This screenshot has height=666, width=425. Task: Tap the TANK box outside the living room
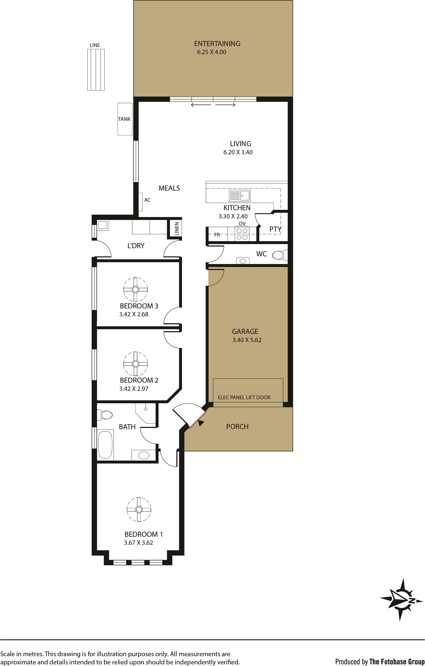click(125, 119)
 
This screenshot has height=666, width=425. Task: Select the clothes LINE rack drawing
click(96, 70)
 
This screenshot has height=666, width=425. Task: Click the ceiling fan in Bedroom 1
click(139, 509)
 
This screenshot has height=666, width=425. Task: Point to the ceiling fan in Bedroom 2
click(135, 364)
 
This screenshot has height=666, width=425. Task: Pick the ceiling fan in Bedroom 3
click(135, 289)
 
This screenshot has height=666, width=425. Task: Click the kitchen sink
click(240, 196)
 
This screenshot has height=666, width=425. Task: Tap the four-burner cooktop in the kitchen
click(242, 234)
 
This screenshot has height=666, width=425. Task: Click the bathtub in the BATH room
click(105, 445)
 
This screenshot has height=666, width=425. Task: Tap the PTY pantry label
click(275, 229)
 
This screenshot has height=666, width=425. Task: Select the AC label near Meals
click(148, 200)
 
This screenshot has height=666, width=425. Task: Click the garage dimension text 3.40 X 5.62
click(247, 340)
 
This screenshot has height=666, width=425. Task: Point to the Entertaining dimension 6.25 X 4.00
click(211, 52)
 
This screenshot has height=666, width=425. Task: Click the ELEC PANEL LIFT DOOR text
click(244, 397)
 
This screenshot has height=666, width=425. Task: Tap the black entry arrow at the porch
click(201, 422)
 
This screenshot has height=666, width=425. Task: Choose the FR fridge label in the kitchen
click(217, 235)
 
